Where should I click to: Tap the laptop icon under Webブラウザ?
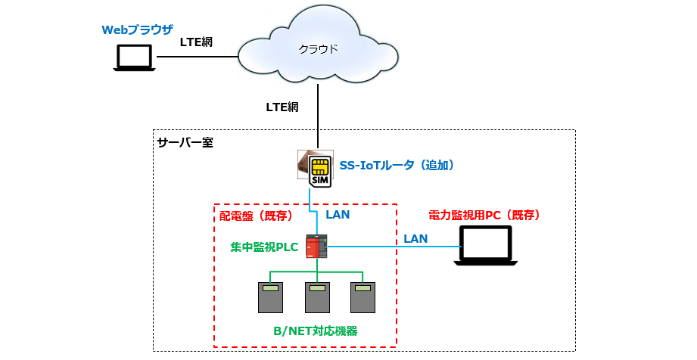point(134,58)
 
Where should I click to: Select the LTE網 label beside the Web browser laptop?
point(196,42)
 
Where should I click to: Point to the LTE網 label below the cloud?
point(282,107)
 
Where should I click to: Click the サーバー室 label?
point(185,142)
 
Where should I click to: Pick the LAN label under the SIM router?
point(338,214)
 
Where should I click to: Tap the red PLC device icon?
point(316,247)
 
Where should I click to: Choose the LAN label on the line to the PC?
point(415,238)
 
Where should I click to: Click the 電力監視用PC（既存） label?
point(484,216)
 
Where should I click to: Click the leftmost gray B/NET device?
point(270,297)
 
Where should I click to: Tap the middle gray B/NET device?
point(317,297)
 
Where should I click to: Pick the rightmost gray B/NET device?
point(363,297)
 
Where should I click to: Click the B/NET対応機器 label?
point(315,331)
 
